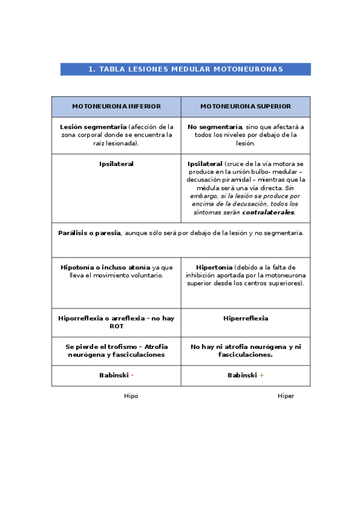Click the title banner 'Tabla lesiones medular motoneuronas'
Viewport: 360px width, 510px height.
[x=185, y=69]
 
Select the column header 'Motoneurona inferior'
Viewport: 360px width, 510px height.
[x=116, y=106]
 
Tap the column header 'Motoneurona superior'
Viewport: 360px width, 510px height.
[x=245, y=106]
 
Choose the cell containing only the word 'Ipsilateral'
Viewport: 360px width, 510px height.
[x=116, y=164]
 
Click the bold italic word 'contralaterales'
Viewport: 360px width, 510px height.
[x=268, y=212]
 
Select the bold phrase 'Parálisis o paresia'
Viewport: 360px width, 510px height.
[x=90, y=233]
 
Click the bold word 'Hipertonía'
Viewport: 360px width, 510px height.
[x=214, y=267]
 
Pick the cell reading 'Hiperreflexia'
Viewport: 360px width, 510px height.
[x=245, y=318]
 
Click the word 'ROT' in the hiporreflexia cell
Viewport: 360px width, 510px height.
[x=116, y=326]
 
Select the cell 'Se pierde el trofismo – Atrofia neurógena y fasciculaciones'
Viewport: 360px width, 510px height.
[x=116, y=351]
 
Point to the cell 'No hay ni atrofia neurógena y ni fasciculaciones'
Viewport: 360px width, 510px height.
[x=245, y=351]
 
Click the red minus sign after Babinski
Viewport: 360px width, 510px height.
[x=132, y=375]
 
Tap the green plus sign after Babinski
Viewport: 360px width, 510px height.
[x=261, y=375]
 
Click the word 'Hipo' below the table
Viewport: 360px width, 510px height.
[x=131, y=396]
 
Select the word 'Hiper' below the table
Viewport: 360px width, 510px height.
[x=285, y=396]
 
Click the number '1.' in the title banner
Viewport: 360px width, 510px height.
[x=93, y=69]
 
